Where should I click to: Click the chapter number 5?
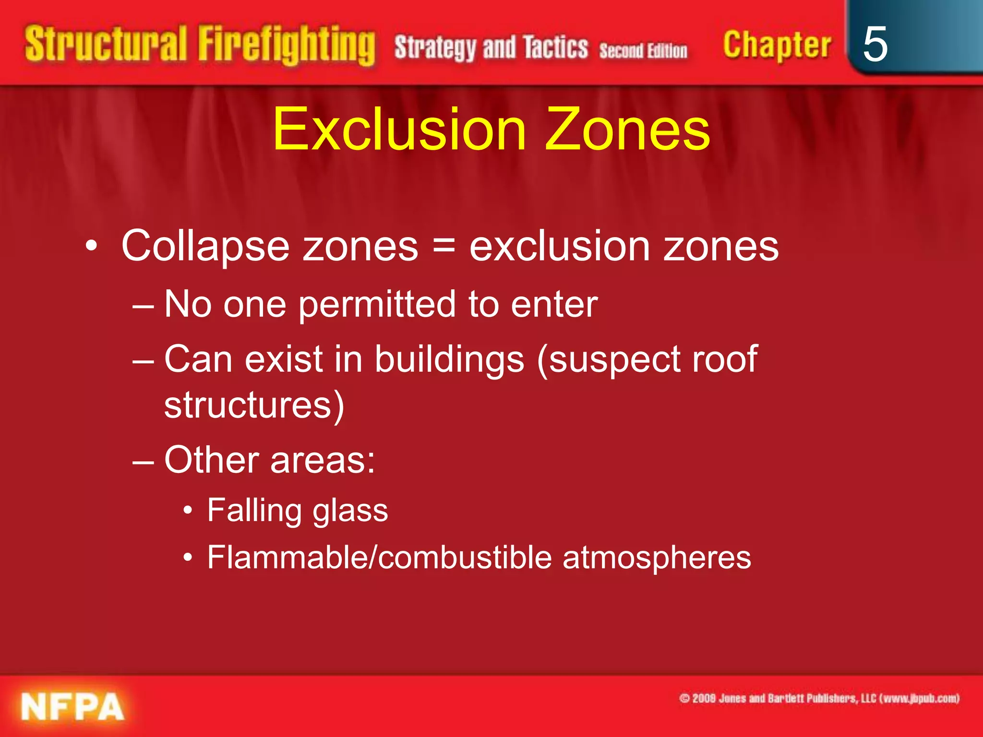point(875,44)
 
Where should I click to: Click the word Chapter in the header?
point(777,46)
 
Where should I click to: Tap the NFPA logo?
point(72,707)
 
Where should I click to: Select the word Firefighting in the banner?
point(287,46)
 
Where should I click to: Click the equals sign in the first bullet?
point(444,245)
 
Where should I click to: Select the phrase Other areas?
point(269,460)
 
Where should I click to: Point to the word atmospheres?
point(657,559)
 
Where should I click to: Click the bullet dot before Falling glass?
point(188,511)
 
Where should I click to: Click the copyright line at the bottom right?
point(819,698)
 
